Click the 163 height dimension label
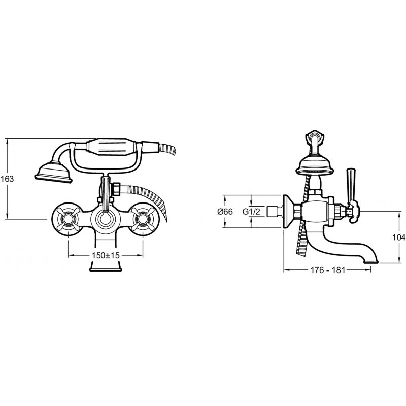coord(7,179)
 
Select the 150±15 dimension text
coord(106,255)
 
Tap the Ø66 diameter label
coord(225,212)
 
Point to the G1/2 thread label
coord(251,212)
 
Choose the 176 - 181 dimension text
coord(327,270)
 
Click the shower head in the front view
coord(54,173)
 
